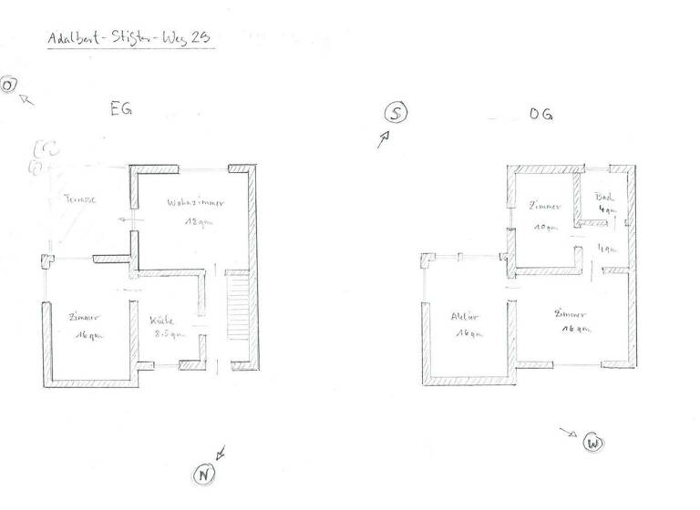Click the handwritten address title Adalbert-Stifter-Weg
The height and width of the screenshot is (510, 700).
[128, 39]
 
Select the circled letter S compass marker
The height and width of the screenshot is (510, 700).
[396, 113]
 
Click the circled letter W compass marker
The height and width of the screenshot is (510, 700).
[593, 444]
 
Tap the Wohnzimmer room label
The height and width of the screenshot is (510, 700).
[196, 202]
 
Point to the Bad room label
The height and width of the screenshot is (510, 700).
[603, 197]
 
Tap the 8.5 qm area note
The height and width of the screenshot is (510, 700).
[169, 334]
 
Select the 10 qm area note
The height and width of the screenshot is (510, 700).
[544, 227]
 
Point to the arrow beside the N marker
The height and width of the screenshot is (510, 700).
[221, 453]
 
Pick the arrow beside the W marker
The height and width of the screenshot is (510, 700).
[568, 433]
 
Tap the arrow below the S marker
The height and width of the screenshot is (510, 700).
[384, 138]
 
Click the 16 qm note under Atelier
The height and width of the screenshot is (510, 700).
[466, 334]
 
